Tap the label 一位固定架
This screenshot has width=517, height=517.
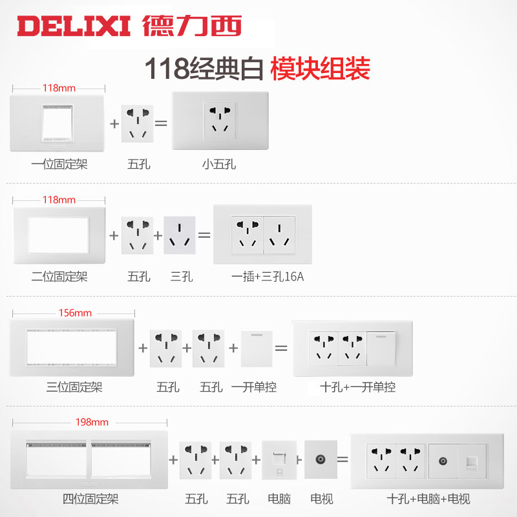[59, 164]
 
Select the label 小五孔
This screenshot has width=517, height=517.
[218, 164]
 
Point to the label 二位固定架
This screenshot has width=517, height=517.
[59, 277]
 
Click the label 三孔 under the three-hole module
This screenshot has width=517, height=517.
[182, 277]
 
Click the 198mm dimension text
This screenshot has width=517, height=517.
[92, 423]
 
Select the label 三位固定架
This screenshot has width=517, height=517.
[74, 387]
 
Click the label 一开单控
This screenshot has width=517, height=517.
[257, 387]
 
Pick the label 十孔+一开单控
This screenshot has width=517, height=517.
[357, 387]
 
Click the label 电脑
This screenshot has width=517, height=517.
[279, 499]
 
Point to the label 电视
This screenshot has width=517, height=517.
[321, 499]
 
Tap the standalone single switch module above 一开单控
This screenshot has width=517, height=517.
[257, 348]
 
